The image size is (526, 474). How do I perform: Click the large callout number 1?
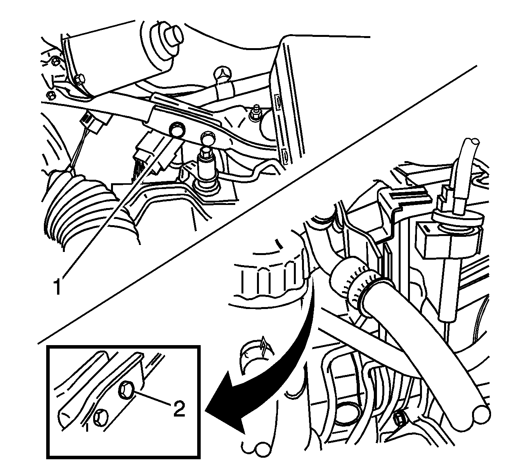57,287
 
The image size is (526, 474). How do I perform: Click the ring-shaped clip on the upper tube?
223,76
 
